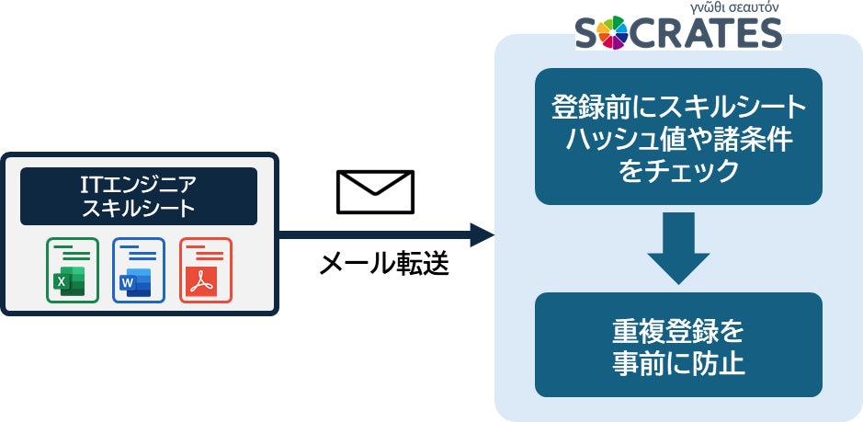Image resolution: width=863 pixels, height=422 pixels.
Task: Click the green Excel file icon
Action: tap(73, 270)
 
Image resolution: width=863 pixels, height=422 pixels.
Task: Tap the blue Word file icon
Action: tap(139, 270)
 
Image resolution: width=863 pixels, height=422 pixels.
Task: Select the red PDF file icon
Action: tap(206, 270)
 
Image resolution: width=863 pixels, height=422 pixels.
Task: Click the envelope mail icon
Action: tap(375, 191)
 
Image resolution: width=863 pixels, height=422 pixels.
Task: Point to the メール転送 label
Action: tap(383, 265)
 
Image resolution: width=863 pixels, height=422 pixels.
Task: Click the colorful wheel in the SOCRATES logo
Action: tap(621, 33)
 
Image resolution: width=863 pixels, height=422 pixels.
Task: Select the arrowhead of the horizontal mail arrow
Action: tap(482, 234)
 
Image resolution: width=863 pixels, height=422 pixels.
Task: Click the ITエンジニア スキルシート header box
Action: tap(139, 196)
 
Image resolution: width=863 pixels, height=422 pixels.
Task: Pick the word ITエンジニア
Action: tap(139, 183)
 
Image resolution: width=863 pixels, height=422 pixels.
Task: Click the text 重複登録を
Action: tap(678, 329)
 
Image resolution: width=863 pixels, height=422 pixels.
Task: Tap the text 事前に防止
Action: tap(678, 363)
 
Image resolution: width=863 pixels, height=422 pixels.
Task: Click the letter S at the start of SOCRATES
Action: tap(589, 33)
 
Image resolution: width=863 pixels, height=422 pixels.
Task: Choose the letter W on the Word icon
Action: tap(128, 281)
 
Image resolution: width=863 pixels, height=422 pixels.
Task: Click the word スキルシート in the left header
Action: tap(139, 209)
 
